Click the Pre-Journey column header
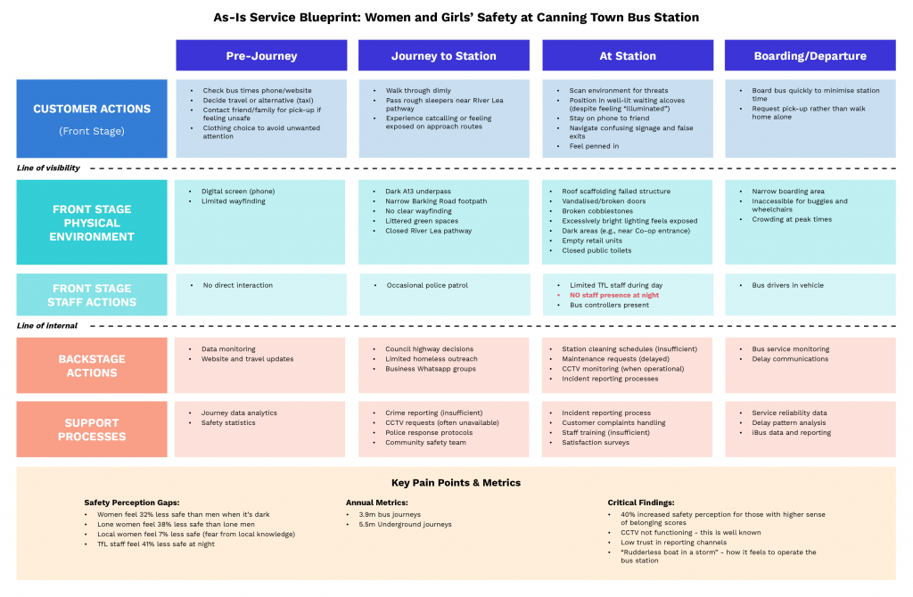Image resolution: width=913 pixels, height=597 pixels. (x=261, y=55)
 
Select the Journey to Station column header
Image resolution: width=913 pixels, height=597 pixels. (x=443, y=55)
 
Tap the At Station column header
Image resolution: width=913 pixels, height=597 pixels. (x=627, y=55)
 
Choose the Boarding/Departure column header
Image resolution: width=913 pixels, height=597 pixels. (x=810, y=55)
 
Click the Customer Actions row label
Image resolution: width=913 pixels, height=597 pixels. (x=92, y=110)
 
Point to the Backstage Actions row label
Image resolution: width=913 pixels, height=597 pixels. (x=92, y=365)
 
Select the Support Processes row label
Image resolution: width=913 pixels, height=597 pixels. (x=92, y=429)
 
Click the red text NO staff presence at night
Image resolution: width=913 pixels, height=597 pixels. (x=615, y=295)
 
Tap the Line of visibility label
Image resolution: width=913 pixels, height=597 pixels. (x=48, y=168)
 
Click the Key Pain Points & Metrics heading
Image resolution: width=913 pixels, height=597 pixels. (x=456, y=482)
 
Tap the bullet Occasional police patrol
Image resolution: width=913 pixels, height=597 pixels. (x=427, y=285)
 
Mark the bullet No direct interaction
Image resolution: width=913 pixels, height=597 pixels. (x=237, y=285)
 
